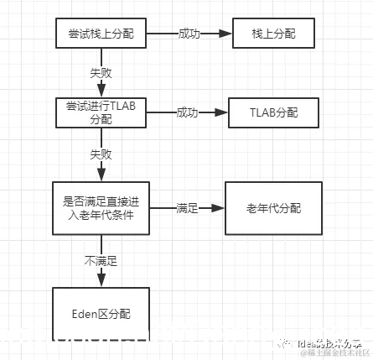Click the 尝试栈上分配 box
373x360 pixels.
click(x=101, y=34)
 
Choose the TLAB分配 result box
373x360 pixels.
click(x=272, y=112)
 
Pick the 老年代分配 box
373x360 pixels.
click(x=273, y=207)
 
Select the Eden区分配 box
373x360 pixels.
click(x=101, y=315)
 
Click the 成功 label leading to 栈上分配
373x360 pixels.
click(x=189, y=34)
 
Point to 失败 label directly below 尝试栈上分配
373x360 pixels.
click(x=101, y=73)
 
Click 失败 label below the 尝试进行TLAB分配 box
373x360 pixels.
click(x=101, y=154)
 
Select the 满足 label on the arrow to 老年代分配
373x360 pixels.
click(x=187, y=207)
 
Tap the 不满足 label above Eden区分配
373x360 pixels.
click(x=101, y=261)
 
